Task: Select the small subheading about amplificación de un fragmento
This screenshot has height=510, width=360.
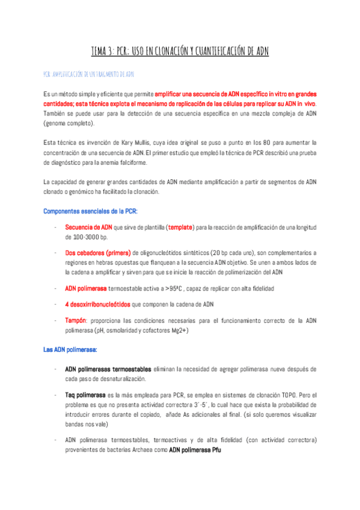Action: (88, 75)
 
